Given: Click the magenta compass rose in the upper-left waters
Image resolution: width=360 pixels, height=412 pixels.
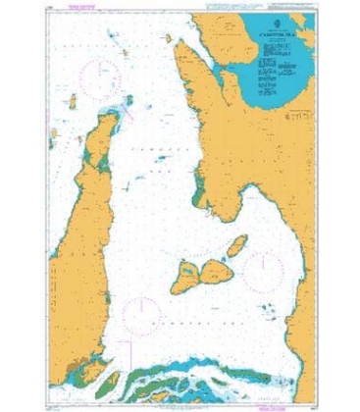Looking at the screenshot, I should coord(99,75).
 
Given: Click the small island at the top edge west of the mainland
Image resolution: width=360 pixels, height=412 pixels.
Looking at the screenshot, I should coord(170,39).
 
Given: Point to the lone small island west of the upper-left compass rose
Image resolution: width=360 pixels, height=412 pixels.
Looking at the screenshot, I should coord(74,102).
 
